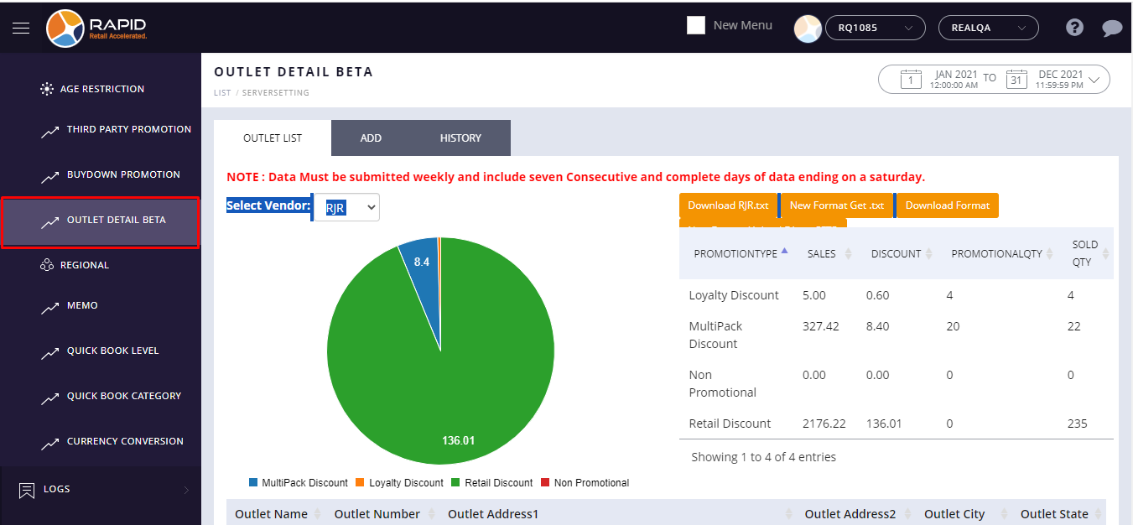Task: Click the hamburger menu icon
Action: point(21,28)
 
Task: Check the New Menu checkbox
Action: point(696,25)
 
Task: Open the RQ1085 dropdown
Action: point(876,28)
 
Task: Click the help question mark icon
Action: point(1074,28)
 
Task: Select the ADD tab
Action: point(371,138)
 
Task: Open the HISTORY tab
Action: point(460,138)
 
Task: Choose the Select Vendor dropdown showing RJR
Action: point(346,207)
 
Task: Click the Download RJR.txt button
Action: point(728,205)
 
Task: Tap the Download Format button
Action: point(948,205)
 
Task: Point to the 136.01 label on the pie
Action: point(458,440)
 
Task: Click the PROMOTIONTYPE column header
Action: point(735,253)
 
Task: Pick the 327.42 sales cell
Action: point(821,326)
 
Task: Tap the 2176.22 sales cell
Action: point(824,424)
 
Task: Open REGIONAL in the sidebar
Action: point(85,265)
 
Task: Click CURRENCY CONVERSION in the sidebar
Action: point(125,441)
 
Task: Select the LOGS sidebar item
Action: point(57,489)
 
